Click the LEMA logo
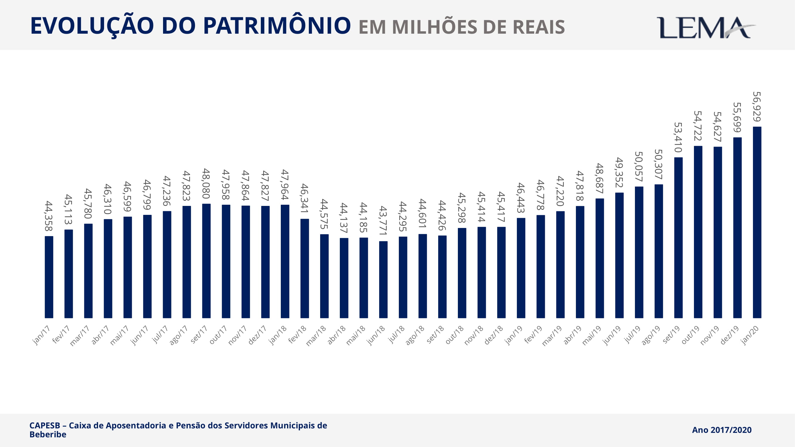coord(705,28)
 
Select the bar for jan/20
coord(757,222)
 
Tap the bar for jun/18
coord(383,279)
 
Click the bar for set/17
coord(206,261)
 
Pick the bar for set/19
coord(678,238)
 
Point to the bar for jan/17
coord(49,277)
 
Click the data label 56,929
coord(757,107)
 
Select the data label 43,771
coord(383,221)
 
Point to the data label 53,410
coord(678,137)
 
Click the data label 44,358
coord(49,216)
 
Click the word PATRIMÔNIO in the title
coord(277,26)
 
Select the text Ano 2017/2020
coord(722,430)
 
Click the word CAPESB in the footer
coord(45,426)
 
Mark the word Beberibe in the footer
coord(48,434)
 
